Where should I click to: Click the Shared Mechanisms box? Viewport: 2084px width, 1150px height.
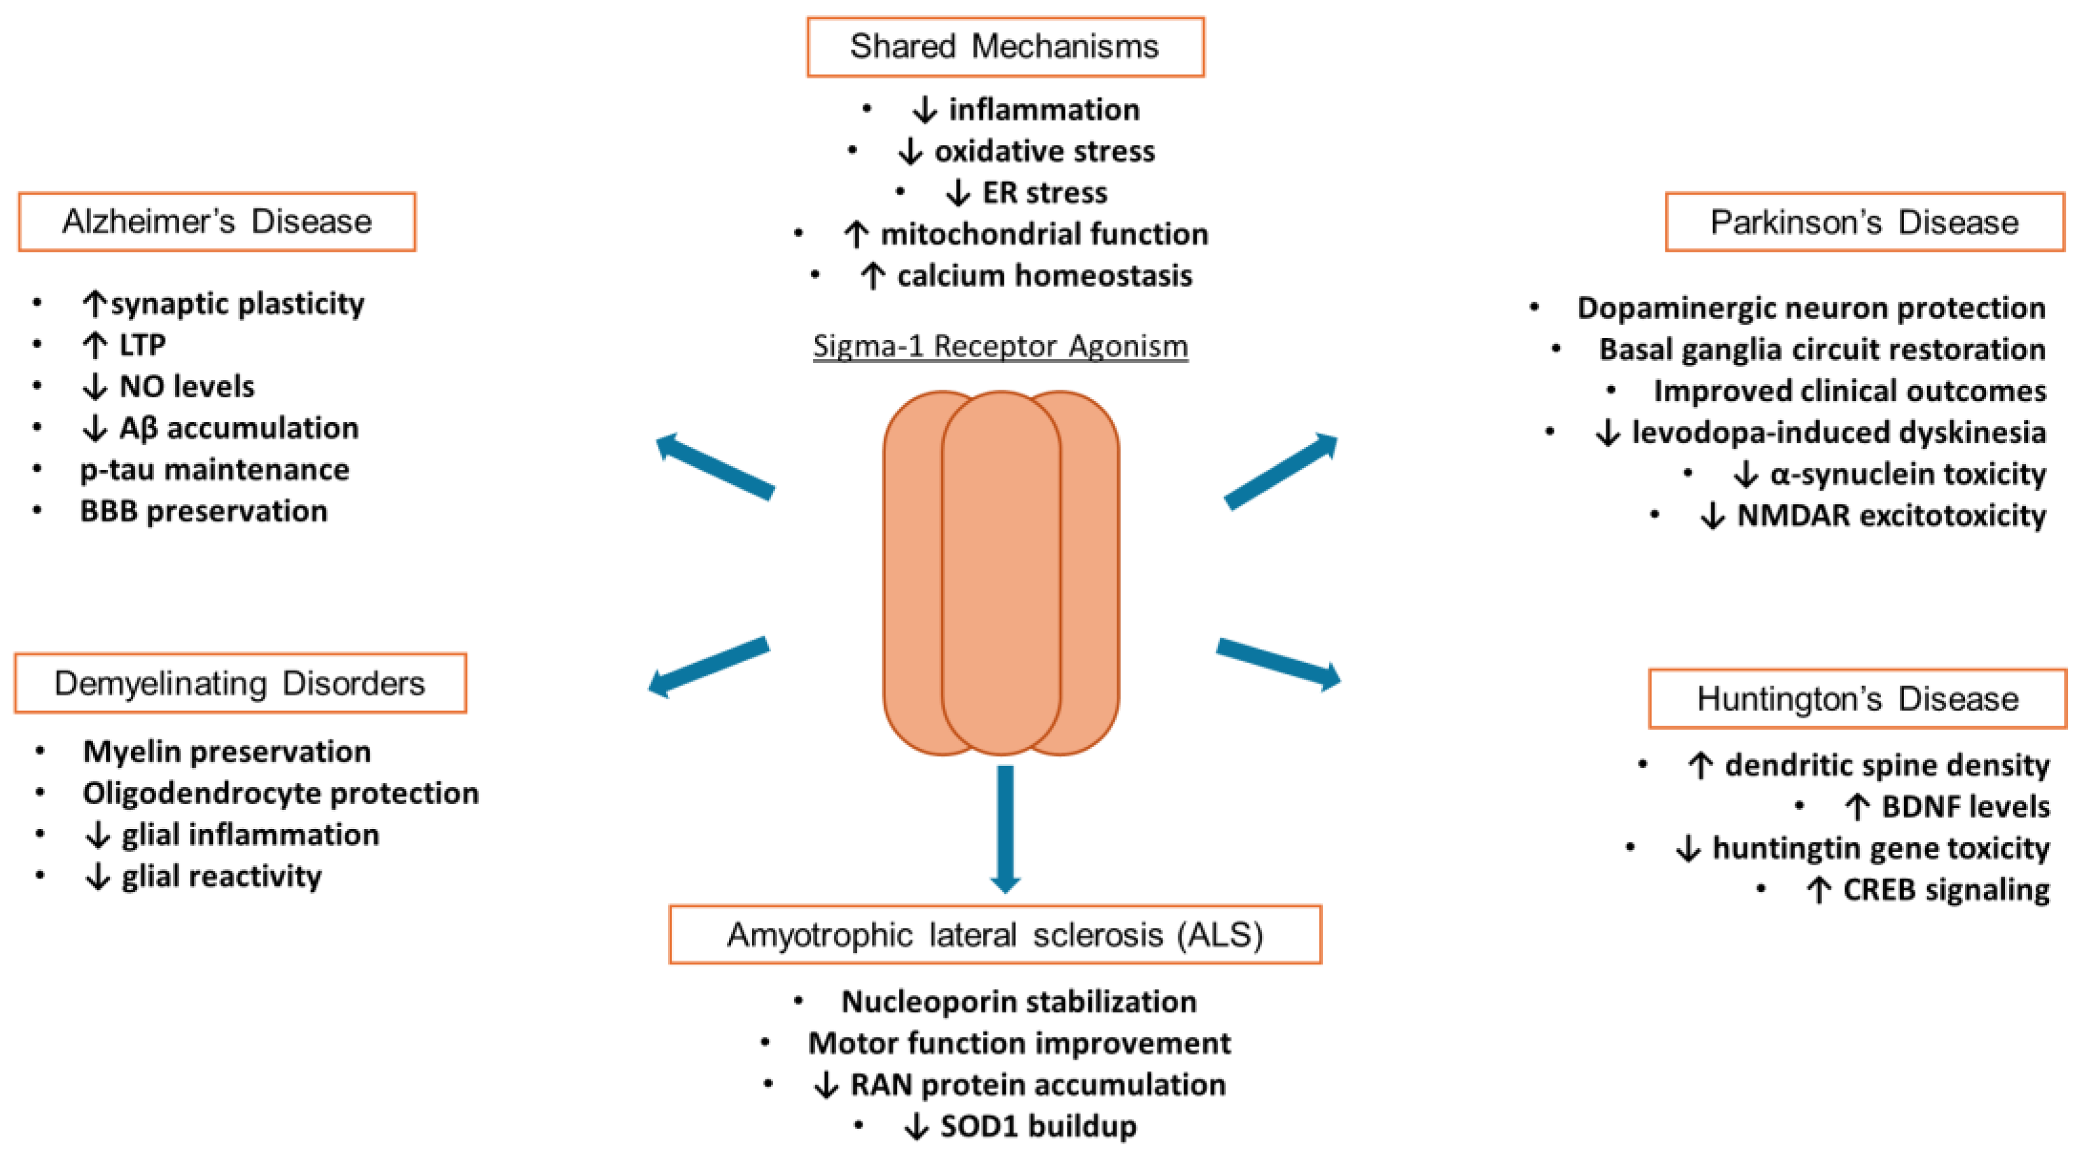pyautogui.click(x=1005, y=47)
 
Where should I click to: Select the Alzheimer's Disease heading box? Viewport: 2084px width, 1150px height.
pyautogui.click(x=217, y=222)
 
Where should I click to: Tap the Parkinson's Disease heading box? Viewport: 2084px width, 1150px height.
pyautogui.click(x=1865, y=222)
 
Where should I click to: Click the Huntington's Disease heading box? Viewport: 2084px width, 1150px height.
pyautogui.click(x=1858, y=699)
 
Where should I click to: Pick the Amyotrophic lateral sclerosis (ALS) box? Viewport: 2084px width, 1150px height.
pyautogui.click(x=995, y=935)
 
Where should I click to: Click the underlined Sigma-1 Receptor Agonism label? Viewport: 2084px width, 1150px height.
pyautogui.click(x=1000, y=346)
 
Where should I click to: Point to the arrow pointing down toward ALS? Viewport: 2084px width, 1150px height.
pyautogui.click(x=1005, y=829)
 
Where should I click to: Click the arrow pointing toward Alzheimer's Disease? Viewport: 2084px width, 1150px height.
pyautogui.click(x=715, y=467)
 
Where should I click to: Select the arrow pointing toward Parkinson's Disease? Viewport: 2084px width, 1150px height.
pyautogui.click(x=1281, y=472)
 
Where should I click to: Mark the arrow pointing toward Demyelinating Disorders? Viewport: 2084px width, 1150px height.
pyautogui.click(x=709, y=667)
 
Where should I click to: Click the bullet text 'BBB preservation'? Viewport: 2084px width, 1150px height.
pyautogui.click(x=204, y=511)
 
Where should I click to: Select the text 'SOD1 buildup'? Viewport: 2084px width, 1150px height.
pyautogui.click(x=1038, y=1126)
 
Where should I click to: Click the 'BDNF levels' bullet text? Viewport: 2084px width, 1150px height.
pyautogui.click(x=1965, y=806)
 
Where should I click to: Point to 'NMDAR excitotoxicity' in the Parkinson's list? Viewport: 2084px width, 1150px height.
pyautogui.click(x=1891, y=515)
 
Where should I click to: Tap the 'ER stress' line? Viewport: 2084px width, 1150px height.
pyautogui.click(x=1044, y=193)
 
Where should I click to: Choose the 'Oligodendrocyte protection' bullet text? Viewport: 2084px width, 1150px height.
pyautogui.click(x=281, y=793)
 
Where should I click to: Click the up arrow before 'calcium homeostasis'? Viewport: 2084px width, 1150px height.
pyautogui.click(x=872, y=276)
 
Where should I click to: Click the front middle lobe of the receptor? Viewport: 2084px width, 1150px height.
pyautogui.click(x=1001, y=573)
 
